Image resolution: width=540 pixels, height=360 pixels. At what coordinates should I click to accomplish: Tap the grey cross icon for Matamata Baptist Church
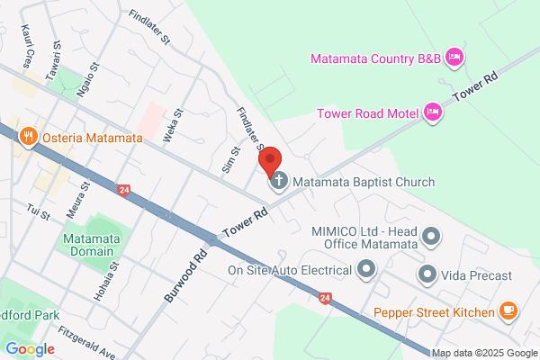[x=279, y=182]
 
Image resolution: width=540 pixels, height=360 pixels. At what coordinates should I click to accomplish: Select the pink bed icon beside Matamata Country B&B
[x=454, y=58]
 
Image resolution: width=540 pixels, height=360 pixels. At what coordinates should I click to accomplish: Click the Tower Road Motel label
[x=368, y=112]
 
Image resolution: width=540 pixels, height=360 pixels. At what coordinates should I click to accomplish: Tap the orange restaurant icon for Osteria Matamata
[x=29, y=138]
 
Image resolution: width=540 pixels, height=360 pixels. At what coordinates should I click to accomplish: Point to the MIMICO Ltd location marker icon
[x=432, y=238]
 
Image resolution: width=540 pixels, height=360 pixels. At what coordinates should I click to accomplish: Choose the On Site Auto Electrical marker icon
[x=366, y=269]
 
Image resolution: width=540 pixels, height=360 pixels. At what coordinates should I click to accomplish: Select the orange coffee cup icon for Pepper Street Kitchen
[x=508, y=311]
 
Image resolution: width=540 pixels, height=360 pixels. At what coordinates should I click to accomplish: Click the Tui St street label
[x=39, y=213]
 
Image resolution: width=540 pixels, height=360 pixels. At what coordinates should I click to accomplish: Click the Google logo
[x=30, y=349]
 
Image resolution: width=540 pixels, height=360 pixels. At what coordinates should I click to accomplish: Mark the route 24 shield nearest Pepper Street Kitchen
[x=325, y=297]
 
